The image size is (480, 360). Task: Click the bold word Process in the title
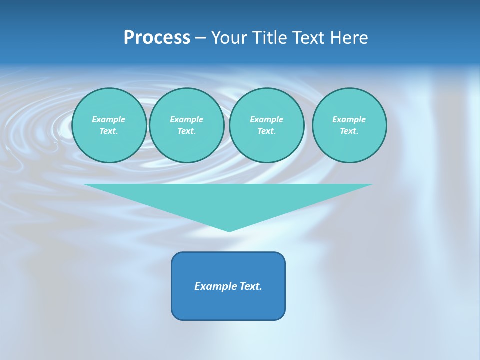point(157,38)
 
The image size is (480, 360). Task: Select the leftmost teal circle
point(109,125)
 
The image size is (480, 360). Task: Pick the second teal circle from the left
point(187,125)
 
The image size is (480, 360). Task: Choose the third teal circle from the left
point(266,125)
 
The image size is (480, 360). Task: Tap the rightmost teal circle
point(349,125)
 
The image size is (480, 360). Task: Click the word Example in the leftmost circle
point(109,119)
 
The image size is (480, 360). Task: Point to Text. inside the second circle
point(187,131)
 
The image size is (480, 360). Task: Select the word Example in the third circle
point(266,119)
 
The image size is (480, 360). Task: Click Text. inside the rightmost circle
point(349,131)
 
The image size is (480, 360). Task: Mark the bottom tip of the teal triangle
point(229,230)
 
